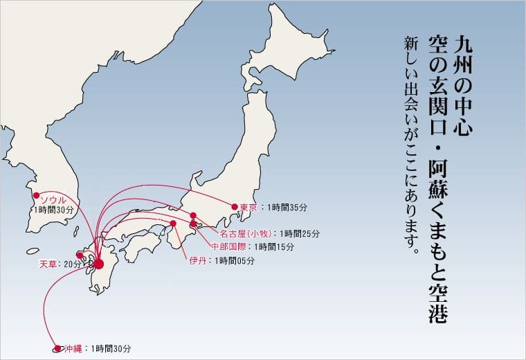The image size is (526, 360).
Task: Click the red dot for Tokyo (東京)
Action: pyautogui.click(x=235, y=206)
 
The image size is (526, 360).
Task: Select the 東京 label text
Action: pyautogui.click(x=248, y=207)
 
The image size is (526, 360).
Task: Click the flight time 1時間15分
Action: pyautogui.click(x=274, y=246)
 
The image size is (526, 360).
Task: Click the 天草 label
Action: pyautogui.click(x=49, y=264)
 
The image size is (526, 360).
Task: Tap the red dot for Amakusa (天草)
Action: pyautogui.click(x=80, y=255)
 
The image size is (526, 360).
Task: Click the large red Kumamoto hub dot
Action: pyautogui.click(x=98, y=264)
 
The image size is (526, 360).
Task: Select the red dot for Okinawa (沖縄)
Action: pyautogui.click(x=57, y=349)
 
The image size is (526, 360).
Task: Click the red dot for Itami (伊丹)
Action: pyautogui.click(x=173, y=224)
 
